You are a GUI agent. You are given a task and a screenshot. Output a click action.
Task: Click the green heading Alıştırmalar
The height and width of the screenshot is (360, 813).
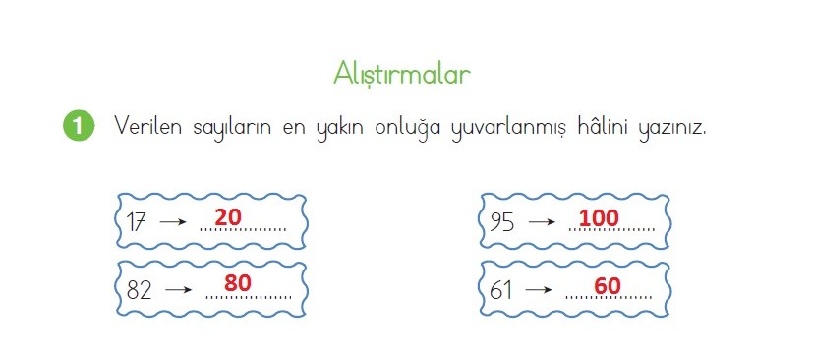click(402, 74)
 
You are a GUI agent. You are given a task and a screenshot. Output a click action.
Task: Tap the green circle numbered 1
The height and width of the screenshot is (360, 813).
click(79, 126)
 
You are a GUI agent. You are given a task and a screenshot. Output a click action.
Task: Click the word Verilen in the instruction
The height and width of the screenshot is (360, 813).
click(147, 125)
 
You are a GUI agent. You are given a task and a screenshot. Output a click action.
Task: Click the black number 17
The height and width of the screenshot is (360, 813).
click(136, 222)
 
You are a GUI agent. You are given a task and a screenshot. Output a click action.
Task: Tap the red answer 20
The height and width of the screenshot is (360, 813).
click(228, 217)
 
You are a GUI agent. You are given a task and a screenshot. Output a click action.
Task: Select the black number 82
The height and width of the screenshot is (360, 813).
click(139, 290)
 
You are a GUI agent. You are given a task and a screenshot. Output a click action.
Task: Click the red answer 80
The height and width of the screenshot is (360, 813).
click(238, 283)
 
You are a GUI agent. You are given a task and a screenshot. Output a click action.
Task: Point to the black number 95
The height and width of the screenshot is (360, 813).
click(501, 222)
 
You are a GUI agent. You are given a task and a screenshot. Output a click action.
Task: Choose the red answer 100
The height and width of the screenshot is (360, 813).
click(599, 218)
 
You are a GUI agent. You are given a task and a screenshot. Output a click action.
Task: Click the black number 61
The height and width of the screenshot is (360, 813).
click(500, 290)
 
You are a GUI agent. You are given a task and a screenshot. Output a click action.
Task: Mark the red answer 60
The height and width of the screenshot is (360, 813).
click(608, 286)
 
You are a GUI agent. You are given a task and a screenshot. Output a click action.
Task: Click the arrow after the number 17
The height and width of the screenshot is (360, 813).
click(173, 222)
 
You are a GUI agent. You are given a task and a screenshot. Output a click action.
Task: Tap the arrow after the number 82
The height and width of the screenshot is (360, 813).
click(178, 290)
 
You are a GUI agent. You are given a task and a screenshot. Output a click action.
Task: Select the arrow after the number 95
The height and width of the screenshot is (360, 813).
click(542, 222)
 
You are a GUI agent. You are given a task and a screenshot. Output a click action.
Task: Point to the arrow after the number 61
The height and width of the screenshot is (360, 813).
click(539, 289)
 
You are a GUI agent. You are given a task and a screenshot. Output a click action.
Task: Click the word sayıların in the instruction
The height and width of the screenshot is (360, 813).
click(232, 128)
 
